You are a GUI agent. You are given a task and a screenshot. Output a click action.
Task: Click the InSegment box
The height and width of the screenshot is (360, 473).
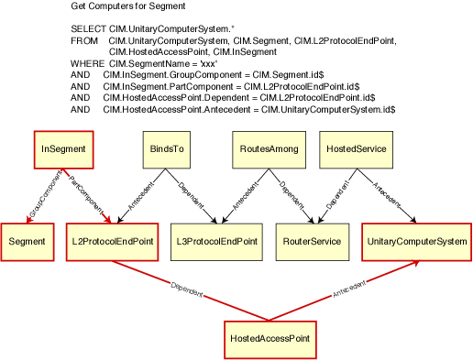[x=58, y=149]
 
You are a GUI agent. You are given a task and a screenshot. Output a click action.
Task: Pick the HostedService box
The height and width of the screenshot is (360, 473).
[x=356, y=149]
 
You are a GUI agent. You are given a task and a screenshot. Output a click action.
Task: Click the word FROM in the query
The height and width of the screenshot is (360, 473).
[x=83, y=41]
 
